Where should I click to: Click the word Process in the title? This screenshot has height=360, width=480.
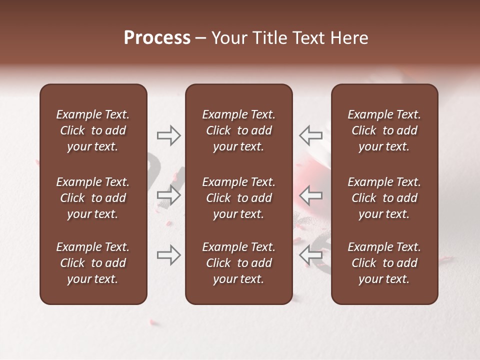[x=157, y=38]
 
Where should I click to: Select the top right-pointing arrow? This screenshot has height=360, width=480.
[x=168, y=135]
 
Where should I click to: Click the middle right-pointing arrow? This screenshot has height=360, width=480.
[x=168, y=195]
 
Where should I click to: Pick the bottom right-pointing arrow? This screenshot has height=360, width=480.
[x=168, y=255]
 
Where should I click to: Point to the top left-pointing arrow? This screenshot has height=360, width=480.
[x=311, y=135]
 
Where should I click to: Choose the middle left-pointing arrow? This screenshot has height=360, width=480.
[x=311, y=195]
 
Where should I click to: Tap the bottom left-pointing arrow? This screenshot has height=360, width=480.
[x=311, y=255]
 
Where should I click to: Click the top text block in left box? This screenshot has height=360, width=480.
[x=93, y=130]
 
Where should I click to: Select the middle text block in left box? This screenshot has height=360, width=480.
[x=93, y=198]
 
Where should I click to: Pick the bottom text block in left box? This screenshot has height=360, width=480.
[x=93, y=263]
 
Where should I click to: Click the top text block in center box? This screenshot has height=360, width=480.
[x=238, y=130]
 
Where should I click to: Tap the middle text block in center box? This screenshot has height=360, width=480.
[x=238, y=198]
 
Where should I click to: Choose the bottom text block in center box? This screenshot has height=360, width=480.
[x=238, y=263]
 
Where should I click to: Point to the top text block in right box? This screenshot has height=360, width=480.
[x=384, y=130]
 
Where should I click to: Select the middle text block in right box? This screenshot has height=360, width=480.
[x=384, y=198]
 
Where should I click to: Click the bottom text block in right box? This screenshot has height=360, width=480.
[x=384, y=263]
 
